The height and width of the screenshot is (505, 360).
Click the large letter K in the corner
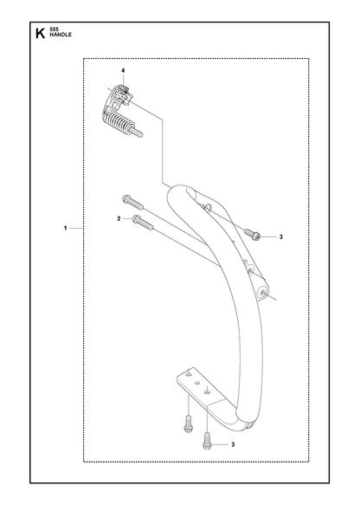[x=40, y=33]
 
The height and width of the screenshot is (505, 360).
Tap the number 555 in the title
[x=54, y=29]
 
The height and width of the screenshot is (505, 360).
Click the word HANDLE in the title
[x=61, y=35]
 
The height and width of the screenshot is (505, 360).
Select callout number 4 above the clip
[x=123, y=70]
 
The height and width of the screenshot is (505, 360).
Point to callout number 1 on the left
[x=65, y=228]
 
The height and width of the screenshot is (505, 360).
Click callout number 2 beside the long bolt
[x=119, y=218]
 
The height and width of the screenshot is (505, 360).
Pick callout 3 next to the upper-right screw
[x=281, y=237]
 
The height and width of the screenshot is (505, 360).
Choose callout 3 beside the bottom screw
[x=233, y=444]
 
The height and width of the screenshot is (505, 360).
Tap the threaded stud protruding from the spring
[x=137, y=132]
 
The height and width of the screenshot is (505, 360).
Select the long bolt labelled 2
[x=143, y=223]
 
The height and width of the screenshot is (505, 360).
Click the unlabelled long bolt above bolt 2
[x=132, y=202]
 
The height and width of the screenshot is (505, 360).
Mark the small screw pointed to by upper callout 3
[x=252, y=235]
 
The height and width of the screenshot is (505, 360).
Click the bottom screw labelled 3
[x=207, y=440]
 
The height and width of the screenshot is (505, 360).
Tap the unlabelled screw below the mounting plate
[x=188, y=423]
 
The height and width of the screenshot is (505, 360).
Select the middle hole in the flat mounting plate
[x=197, y=382]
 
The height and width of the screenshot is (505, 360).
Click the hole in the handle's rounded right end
[x=263, y=293]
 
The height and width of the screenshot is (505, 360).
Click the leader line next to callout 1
[x=76, y=228]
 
